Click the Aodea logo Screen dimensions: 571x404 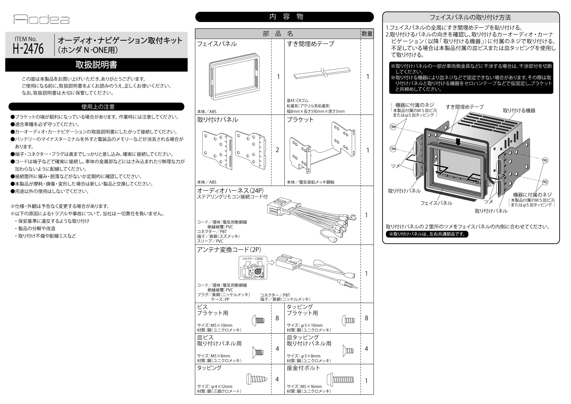pyautogui.click(x=41, y=19)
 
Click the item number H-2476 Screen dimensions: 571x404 pyautogui.click(x=28, y=49)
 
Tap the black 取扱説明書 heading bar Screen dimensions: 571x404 pyautogui.click(x=96, y=65)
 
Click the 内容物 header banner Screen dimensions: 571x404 pyautogui.click(x=284, y=17)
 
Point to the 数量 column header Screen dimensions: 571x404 pyautogui.click(x=367, y=34)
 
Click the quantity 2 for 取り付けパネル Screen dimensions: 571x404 pyautogui.click(x=277, y=150)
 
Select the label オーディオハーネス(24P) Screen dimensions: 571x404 pyautogui.click(x=230, y=191)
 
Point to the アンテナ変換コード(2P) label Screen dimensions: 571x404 pyautogui.click(x=229, y=250)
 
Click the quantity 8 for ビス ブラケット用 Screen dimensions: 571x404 pyautogui.click(x=277, y=318)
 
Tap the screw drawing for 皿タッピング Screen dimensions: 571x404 pyautogui.click(x=348, y=351)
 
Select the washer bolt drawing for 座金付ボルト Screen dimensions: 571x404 pyautogui.click(x=340, y=380)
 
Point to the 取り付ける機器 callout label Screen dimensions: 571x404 pyautogui.click(x=519, y=111)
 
